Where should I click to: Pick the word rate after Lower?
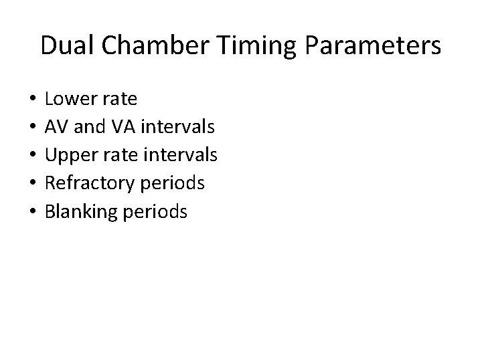pos(120,100)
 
